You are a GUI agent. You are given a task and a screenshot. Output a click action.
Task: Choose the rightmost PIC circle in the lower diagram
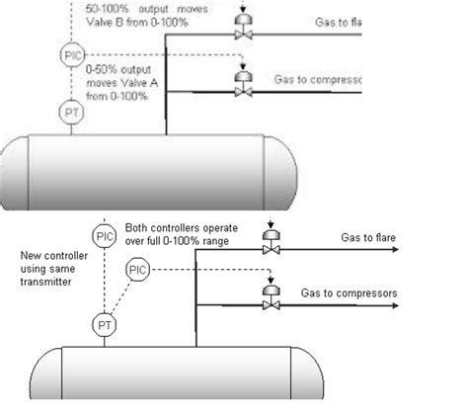[139, 269]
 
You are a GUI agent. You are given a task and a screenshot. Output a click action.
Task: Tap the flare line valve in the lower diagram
[268, 252]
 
